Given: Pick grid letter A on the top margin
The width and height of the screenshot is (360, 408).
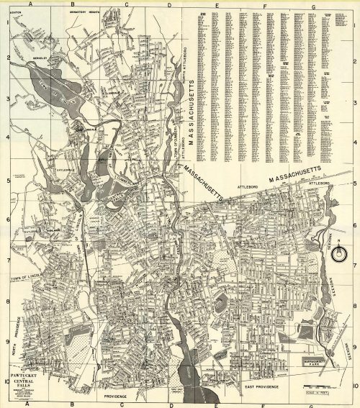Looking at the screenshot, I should click(30, 4).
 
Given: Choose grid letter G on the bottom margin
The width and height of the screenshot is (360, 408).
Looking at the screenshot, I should click(314, 404).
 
